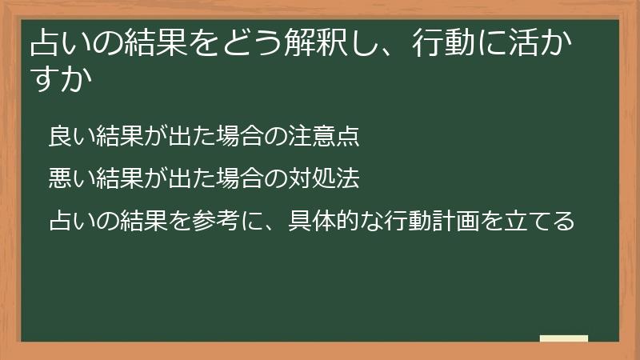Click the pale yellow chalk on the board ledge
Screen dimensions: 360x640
(564, 338)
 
